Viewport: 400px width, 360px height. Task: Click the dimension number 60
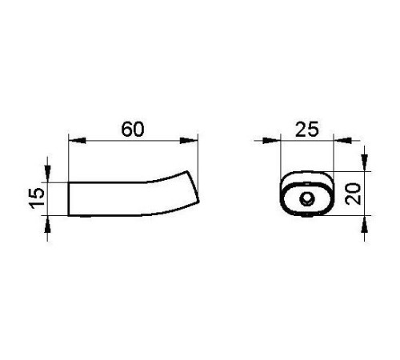click(133, 130)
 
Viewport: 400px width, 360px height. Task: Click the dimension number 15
click(37, 198)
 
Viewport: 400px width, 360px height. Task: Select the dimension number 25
click(307, 130)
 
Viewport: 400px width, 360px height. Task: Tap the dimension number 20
click(353, 194)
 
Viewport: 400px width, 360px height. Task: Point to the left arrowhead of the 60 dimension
click(78, 141)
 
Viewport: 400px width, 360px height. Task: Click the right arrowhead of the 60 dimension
click(189, 141)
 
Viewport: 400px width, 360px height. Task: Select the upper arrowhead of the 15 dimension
click(48, 174)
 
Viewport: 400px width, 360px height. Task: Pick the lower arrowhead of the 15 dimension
click(48, 224)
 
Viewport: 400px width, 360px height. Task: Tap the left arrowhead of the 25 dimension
click(271, 141)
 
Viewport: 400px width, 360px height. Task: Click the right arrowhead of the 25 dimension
click(342, 141)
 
